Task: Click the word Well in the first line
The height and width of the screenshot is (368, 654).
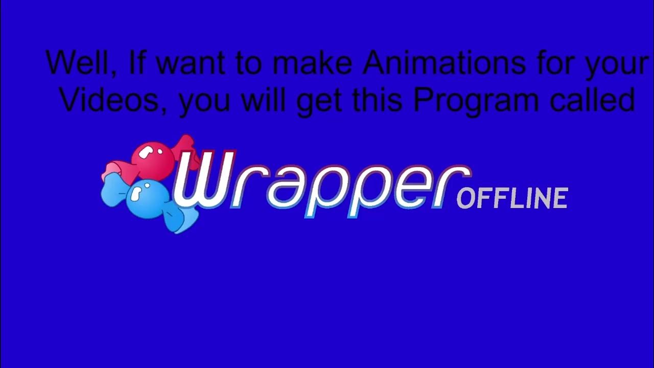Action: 81,62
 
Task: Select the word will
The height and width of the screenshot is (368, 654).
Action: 264,99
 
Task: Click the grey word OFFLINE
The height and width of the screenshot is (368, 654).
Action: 512,198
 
